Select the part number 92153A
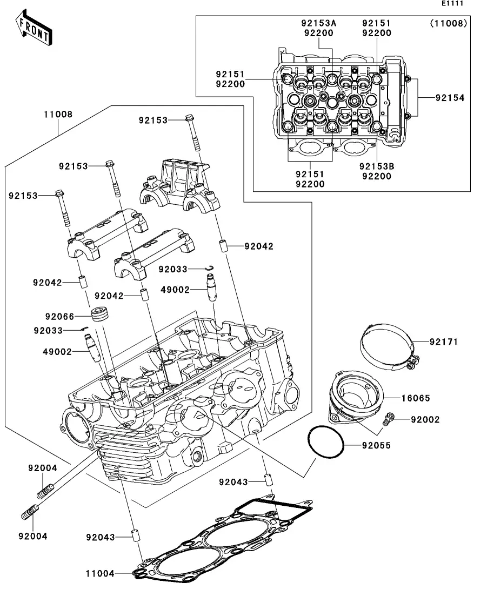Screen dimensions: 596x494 [x=318, y=23]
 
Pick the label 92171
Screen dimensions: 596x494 [x=444, y=341]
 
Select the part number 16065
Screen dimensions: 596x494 [x=416, y=398]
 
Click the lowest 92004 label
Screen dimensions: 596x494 [x=33, y=536]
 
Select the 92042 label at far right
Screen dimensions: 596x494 [x=259, y=246]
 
